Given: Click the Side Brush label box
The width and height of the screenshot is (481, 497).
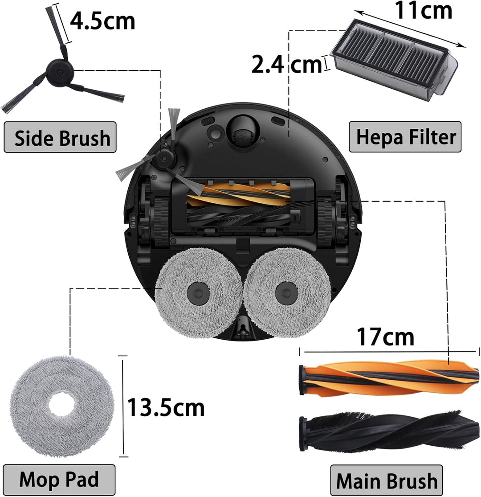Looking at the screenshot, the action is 60,137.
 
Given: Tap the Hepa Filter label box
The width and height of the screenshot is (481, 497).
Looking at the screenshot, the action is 405,136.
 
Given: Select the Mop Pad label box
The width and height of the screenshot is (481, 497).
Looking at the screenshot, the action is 59,479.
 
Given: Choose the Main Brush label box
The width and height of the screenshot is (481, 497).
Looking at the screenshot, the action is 386,481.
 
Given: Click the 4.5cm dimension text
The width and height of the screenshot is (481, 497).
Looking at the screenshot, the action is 102,21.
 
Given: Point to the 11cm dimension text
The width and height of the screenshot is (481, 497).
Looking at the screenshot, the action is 423,10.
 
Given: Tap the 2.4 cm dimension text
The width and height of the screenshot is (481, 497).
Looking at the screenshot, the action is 286,64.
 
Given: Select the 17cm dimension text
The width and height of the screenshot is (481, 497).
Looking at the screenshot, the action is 385,337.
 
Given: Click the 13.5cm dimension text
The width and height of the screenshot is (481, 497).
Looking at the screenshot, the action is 166,407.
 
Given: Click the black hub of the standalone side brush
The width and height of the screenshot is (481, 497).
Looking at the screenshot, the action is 60,73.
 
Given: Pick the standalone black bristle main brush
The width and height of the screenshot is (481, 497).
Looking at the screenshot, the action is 389,431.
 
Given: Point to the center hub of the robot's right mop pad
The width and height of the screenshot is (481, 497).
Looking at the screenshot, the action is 286,293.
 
